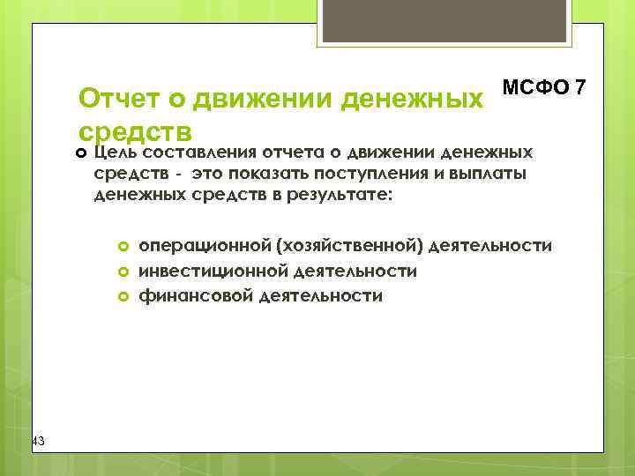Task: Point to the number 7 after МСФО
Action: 579,88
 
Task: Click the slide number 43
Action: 38,441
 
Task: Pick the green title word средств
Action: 135,131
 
